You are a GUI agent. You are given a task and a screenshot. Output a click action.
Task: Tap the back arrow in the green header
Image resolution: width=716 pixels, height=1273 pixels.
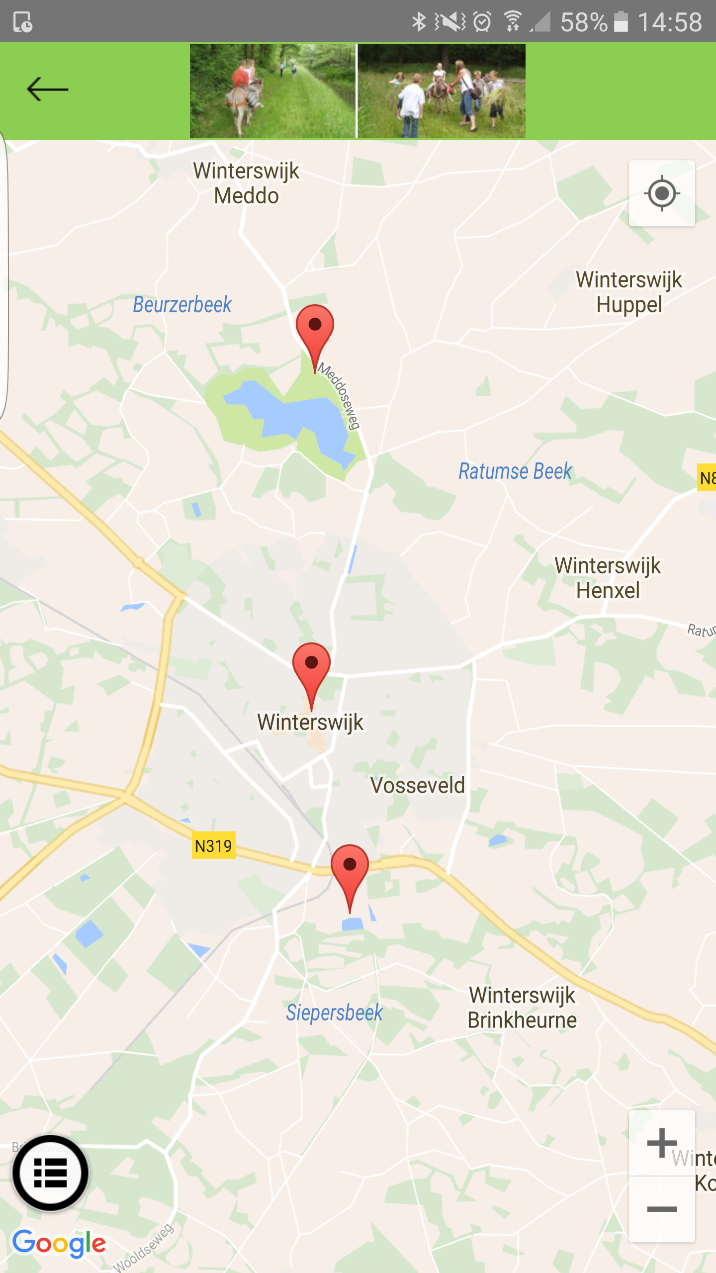pyautogui.click(x=47, y=90)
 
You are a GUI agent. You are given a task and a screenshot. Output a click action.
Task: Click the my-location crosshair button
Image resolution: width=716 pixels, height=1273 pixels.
pyautogui.click(x=662, y=193)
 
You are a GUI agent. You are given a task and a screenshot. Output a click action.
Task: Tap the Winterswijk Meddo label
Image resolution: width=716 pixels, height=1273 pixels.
pyautogui.click(x=247, y=183)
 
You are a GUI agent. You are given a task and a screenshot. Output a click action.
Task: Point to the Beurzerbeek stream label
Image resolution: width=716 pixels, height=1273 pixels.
pyautogui.click(x=182, y=304)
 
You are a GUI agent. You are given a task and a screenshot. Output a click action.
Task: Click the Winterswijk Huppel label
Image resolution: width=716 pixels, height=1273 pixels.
pyautogui.click(x=629, y=292)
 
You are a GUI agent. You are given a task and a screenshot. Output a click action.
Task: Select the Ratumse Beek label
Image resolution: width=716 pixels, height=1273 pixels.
pyautogui.click(x=515, y=471)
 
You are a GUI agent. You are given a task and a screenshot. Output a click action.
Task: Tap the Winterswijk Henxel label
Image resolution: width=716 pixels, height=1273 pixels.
pyautogui.click(x=608, y=578)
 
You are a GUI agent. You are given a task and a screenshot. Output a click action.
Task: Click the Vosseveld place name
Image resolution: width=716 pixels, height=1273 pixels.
pyautogui.click(x=418, y=786)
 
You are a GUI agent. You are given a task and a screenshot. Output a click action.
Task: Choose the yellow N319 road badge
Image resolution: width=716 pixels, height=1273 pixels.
pyautogui.click(x=213, y=845)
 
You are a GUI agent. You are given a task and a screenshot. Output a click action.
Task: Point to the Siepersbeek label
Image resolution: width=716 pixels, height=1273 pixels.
pyautogui.click(x=334, y=1012)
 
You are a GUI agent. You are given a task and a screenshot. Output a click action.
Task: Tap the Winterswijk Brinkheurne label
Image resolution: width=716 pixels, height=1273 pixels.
pyautogui.click(x=522, y=1007)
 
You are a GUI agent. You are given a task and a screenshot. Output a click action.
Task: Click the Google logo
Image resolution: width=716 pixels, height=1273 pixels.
pyautogui.click(x=59, y=1243)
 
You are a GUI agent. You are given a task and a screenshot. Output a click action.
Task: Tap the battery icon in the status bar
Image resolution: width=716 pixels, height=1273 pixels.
pyautogui.click(x=621, y=22)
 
